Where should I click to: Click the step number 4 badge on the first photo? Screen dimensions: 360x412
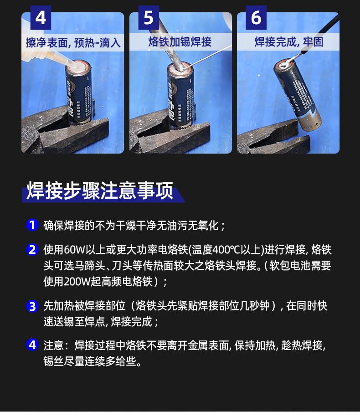pos(41,18)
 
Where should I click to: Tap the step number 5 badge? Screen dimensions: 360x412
pos(149,18)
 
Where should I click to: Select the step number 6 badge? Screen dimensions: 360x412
pos(256,18)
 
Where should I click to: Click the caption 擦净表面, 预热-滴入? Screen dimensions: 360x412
pos(73,42)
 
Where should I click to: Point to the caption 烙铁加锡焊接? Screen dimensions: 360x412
pos(180,42)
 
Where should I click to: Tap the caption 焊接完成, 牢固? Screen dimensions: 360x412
pos(289,42)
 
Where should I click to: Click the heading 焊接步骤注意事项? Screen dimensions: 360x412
pos(100,191)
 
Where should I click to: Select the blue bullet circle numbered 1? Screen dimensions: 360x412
pos(32,225)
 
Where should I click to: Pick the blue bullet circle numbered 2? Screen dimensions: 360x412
pos(32,249)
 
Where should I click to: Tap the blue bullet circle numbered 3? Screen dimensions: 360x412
pos(32,306)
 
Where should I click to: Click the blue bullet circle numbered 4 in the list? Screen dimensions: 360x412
pos(32,345)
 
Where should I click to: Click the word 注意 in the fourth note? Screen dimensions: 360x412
pos(54,345)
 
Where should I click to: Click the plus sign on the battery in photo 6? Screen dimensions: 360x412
pos(316,124)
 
